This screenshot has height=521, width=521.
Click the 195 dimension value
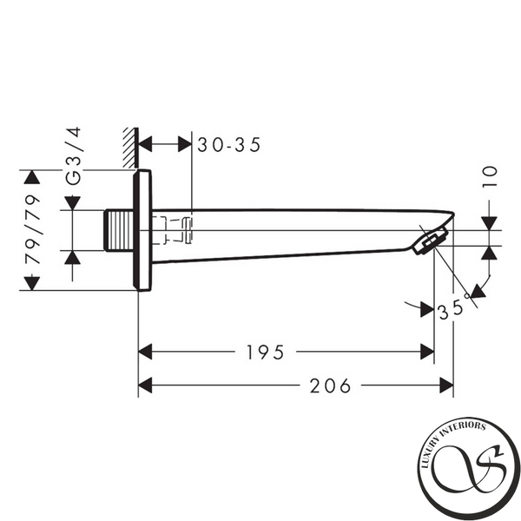tap(265, 353)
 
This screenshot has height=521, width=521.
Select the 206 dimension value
tap(330, 386)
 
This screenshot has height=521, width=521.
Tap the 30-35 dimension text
tap(229, 145)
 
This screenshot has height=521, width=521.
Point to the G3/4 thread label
tap(73, 155)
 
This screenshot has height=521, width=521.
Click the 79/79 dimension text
tap(33, 229)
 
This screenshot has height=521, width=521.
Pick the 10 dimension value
tap(490, 176)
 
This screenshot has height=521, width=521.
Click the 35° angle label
tap(454, 308)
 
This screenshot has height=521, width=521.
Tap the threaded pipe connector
tap(119, 230)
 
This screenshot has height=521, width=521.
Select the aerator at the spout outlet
tap(430, 241)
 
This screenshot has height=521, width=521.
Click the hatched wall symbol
tap(130, 148)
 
